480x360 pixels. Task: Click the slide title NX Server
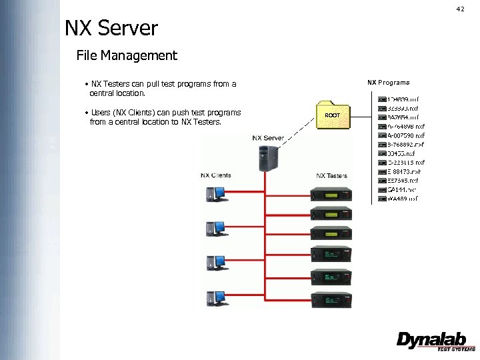click(111, 29)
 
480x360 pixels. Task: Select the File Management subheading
click(127, 55)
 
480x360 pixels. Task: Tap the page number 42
click(460, 9)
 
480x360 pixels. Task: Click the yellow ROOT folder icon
click(332, 114)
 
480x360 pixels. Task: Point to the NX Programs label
click(389, 83)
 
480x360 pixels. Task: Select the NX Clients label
click(216, 175)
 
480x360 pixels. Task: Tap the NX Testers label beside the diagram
click(331, 175)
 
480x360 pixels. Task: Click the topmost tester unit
click(331, 195)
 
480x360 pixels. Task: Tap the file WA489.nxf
click(402, 199)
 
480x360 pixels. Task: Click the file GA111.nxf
click(401, 189)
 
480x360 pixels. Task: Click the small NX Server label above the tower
click(268, 138)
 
